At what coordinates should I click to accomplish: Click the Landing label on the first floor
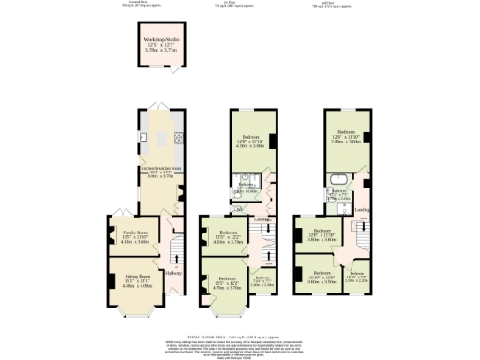click(263, 218)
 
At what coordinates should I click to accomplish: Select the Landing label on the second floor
click(361, 209)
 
